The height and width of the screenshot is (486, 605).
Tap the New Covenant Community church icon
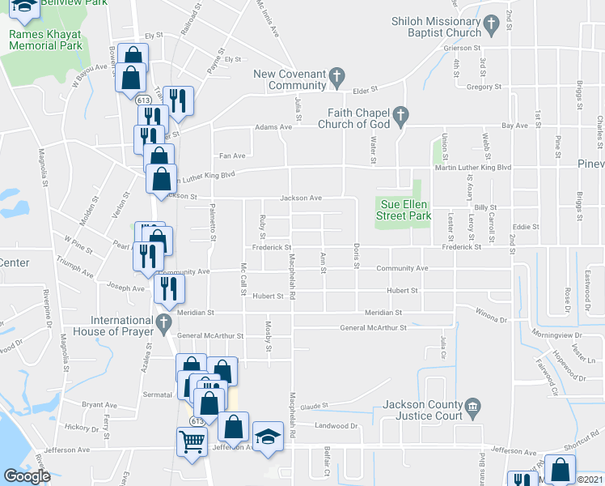tap(337, 78)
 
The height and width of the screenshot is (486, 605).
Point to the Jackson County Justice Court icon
tap(472, 409)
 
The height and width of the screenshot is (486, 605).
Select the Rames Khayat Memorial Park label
tap(45, 40)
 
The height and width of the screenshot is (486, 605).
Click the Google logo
tap(27, 475)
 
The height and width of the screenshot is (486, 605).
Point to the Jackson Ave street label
tap(301, 197)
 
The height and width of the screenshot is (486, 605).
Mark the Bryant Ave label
tap(99, 404)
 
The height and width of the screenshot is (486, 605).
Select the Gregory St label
tap(484, 86)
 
